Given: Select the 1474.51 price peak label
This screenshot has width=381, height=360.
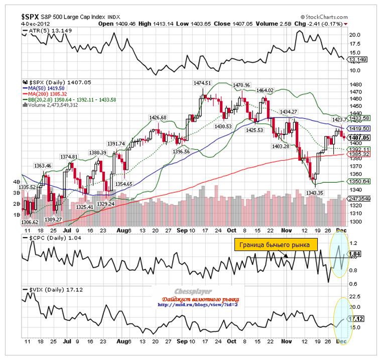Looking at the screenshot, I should (x=203, y=83).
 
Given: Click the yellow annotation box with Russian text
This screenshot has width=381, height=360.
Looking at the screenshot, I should (x=276, y=245).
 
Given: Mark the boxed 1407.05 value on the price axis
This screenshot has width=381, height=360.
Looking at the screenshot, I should (x=359, y=138).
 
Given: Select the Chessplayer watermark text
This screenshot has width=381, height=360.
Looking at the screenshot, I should (x=193, y=291).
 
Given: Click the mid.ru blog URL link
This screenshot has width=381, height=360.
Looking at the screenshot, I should (x=197, y=304).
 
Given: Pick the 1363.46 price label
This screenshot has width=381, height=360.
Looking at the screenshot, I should (x=43, y=166).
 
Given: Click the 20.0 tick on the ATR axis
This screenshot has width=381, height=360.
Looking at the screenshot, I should (x=355, y=35).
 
